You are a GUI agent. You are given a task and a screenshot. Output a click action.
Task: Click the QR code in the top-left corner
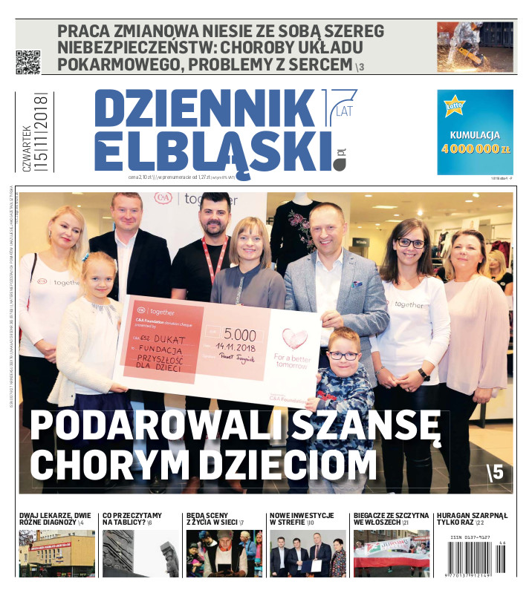27,62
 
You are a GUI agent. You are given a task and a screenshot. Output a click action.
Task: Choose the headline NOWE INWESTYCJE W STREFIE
301,518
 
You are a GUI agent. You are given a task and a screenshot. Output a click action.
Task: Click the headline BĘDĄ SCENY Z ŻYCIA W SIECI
216,518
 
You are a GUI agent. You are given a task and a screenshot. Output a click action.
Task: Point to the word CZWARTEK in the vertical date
27,148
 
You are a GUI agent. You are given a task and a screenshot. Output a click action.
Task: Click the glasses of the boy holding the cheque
344,356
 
